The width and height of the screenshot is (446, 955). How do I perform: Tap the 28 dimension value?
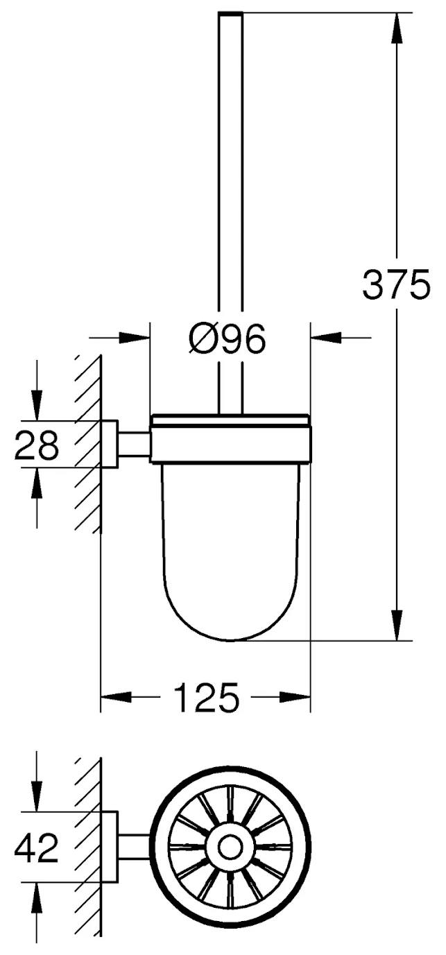click(x=36, y=445)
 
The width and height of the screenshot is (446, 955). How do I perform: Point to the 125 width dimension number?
click(x=206, y=698)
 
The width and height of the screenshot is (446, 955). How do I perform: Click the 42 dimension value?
click(x=36, y=848)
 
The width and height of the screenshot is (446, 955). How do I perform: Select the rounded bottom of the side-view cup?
click(x=230, y=624)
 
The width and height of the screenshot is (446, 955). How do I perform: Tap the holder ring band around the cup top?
click(x=230, y=444)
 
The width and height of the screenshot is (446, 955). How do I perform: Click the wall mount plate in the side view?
click(x=110, y=444)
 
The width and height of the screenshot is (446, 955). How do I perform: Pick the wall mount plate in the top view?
click(x=110, y=847)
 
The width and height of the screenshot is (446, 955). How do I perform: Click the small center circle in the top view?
click(x=230, y=847)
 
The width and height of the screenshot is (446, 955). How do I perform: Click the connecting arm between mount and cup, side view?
click(x=134, y=444)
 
